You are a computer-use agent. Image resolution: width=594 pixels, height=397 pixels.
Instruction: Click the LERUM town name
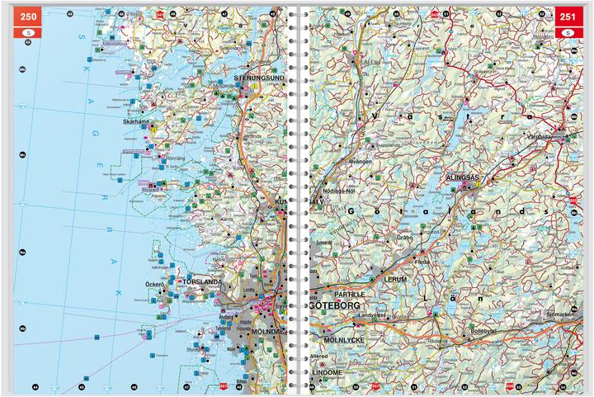[x=396, y=281]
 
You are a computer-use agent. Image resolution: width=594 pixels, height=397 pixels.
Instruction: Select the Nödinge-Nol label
[x=339, y=190]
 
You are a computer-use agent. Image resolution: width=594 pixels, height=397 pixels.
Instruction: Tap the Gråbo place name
[x=404, y=237]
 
